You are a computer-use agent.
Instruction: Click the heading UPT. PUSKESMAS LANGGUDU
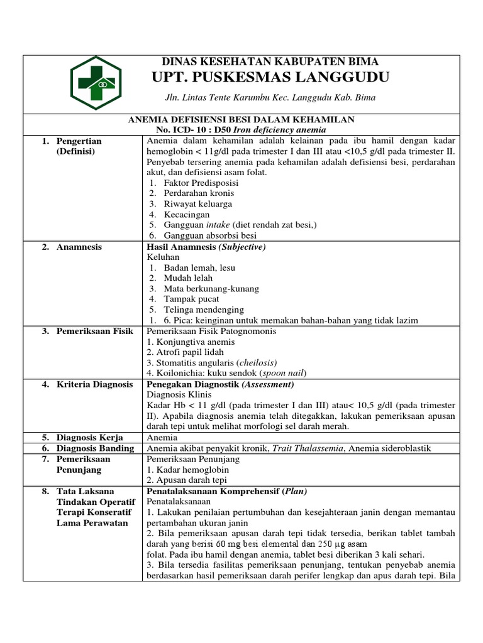[x=270, y=77]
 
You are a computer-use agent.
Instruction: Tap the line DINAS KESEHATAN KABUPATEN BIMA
[x=270, y=62]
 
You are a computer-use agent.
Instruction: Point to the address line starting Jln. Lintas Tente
[x=270, y=99]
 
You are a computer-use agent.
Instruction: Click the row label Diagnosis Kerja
[x=90, y=437]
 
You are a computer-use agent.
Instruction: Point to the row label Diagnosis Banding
[x=95, y=448]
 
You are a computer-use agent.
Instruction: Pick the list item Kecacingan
[x=187, y=214]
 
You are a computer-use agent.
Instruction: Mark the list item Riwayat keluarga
[x=197, y=203]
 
